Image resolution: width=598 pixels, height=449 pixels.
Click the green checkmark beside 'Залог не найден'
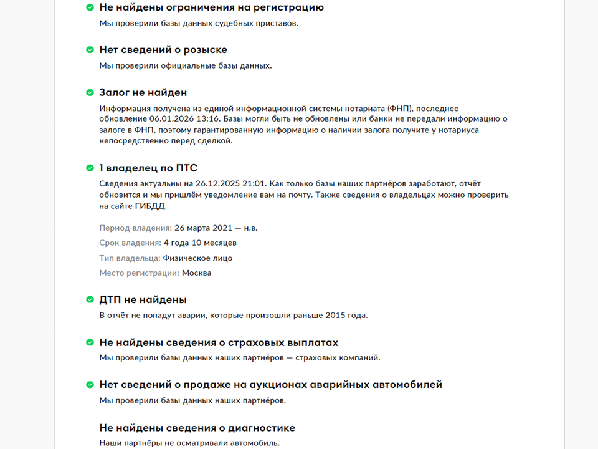pos(90,93)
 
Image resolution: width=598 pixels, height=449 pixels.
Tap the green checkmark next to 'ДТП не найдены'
pos(90,300)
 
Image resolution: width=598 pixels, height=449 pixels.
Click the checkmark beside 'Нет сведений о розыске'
pos(90,50)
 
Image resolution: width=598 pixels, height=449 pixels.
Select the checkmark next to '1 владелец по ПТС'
pos(90,168)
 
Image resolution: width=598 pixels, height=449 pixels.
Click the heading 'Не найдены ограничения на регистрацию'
pos(211,7)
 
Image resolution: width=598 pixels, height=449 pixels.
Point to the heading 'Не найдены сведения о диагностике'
pos(197,428)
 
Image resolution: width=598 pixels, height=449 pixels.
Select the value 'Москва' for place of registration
pos(197,273)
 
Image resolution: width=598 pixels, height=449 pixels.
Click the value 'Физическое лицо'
pos(197,258)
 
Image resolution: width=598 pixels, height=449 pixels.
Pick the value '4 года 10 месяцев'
pos(200,243)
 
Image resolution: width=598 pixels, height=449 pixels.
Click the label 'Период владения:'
pos(135,228)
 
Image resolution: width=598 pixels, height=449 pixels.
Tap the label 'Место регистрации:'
pos(139,273)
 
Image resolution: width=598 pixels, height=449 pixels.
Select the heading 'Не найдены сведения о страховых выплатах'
pos(219,343)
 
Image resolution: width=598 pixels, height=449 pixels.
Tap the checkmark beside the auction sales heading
pos(90,385)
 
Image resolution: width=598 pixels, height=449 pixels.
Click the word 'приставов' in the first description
pos(278,24)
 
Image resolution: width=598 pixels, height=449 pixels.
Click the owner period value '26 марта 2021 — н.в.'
pos(216,228)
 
